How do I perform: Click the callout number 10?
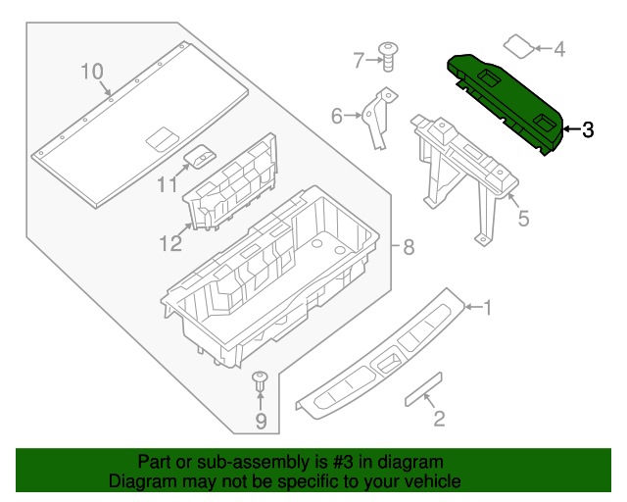point(91,71)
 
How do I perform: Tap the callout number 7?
point(359,61)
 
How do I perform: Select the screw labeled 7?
point(389,55)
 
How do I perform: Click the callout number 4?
point(559,48)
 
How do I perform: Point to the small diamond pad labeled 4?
point(519,44)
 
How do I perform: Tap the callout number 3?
point(587,129)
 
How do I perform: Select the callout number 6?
point(337,117)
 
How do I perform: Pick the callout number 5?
point(523,218)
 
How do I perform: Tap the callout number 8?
point(409,246)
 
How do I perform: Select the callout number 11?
point(168,184)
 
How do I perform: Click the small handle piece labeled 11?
point(202,156)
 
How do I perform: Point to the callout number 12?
point(171,243)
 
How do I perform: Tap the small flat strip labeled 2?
point(423,388)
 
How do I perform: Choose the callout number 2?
point(439,420)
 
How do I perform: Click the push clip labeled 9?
point(261,383)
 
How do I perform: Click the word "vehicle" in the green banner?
point(430,481)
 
